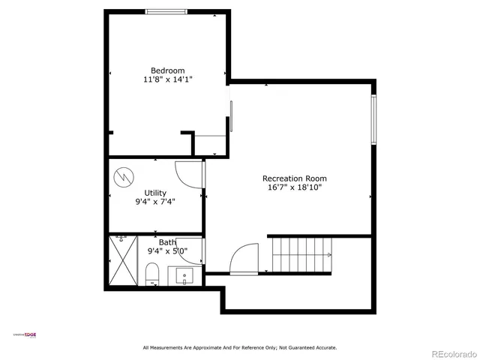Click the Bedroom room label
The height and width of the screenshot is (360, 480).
(167, 70)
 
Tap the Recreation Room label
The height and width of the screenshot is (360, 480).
(294, 178)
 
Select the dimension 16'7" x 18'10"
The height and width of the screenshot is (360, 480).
(294, 187)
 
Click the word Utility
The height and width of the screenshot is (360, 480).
(155, 193)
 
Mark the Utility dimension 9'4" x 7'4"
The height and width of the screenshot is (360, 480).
(155, 202)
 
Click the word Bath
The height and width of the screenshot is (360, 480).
(167, 242)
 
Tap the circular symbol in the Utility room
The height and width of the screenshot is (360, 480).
(122, 178)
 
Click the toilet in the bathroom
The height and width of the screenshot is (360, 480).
(152, 274)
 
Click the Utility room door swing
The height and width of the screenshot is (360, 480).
(188, 173)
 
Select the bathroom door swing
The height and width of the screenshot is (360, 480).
(190, 250)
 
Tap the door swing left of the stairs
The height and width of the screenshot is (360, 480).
(245, 259)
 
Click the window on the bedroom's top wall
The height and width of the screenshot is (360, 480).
(166, 11)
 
